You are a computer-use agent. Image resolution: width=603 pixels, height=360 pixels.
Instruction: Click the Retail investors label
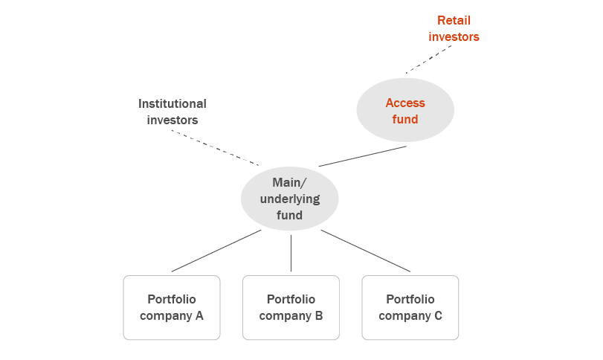(454, 28)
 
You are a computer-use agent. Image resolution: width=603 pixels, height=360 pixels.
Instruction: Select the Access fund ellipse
(405, 110)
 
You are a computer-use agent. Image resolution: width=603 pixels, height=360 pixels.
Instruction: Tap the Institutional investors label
(172, 112)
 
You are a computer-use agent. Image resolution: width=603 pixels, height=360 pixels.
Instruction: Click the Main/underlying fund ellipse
(290, 199)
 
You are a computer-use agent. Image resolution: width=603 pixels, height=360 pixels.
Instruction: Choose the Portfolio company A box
(172, 307)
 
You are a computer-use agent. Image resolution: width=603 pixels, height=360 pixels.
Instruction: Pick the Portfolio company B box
(291, 307)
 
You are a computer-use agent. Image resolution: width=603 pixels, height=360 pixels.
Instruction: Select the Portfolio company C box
(410, 307)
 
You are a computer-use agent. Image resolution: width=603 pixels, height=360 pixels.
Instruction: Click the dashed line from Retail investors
(430, 59)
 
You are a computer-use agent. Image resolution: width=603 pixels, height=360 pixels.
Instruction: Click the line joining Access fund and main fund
(363, 156)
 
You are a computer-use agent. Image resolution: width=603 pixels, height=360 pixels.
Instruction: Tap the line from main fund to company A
(216, 251)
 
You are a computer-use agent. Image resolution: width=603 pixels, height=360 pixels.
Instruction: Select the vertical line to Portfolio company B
(291, 253)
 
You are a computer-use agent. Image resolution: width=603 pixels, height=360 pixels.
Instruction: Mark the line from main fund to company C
(365, 251)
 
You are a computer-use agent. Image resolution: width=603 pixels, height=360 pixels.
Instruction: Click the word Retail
(454, 20)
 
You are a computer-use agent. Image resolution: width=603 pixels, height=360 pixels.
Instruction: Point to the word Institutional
(172, 103)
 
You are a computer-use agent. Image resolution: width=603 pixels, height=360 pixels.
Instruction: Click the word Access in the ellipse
(405, 103)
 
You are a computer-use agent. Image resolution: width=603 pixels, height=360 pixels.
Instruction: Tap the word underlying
(290, 199)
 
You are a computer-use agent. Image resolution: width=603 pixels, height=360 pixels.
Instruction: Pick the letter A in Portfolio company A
(199, 315)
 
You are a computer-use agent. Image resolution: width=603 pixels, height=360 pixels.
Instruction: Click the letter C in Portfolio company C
(438, 315)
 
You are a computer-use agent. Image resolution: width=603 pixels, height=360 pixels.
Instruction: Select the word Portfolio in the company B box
(291, 299)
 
